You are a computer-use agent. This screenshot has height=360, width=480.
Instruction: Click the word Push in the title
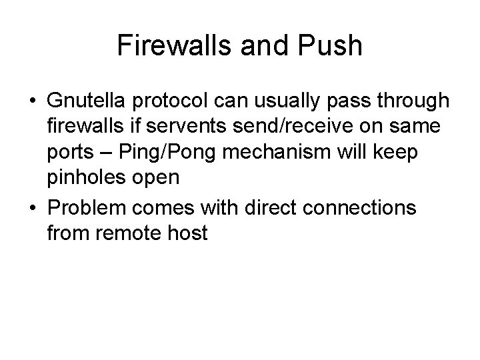click(x=332, y=46)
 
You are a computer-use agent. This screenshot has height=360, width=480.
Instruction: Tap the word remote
click(x=134, y=233)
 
